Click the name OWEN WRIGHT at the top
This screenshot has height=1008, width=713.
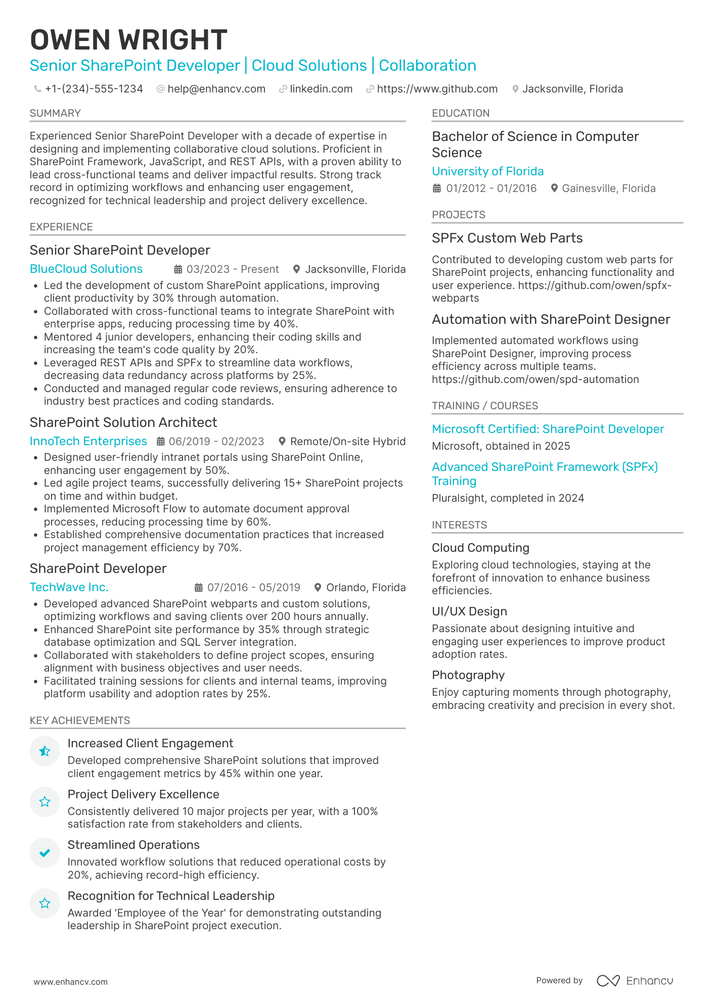(x=128, y=40)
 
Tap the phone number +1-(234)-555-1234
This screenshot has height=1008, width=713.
(x=94, y=89)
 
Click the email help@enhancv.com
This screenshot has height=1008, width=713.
(x=216, y=89)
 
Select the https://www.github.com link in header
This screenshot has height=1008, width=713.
(x=437, y=89)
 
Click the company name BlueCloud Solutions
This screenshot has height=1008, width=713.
(x=86, y=269)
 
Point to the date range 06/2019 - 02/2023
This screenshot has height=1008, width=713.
(x=216, y=441)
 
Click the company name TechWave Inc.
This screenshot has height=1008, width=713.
(x=69, y=587)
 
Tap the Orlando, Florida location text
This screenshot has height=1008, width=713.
(x=366, y=587)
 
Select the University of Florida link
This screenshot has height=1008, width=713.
(x=487, y=171)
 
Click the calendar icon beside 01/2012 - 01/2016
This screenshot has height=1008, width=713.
(x=437, y=188)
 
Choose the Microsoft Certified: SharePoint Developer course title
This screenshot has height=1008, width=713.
(x=548, y=429)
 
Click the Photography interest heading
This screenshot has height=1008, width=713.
(x=468, y=675)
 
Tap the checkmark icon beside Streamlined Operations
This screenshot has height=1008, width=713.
(x=44, y=853)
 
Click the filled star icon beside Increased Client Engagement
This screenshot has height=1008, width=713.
(x=44, y=751)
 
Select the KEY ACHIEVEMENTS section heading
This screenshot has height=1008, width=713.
(x=80, y=721)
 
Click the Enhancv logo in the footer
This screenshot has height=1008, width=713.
(x=635, y=981)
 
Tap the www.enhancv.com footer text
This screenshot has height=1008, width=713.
(x=71, y=982)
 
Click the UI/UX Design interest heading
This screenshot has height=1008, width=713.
(x=469, y=611)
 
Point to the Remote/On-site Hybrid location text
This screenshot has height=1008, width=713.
(x=347, y=441)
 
